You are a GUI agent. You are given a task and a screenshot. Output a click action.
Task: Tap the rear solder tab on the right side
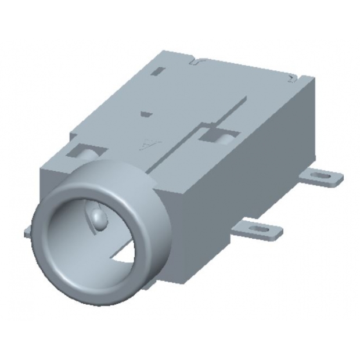coord(322,177)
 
